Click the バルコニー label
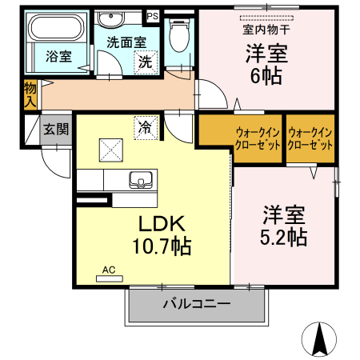[x=197, y=305]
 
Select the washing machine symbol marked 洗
[x=144, y=61]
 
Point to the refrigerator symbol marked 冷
[x=146, y=126]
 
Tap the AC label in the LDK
[x=108, y=270]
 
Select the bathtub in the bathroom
[x=54, y=31]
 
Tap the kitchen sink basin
[x=140, y=181]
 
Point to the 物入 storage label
[x=30, y=94]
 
